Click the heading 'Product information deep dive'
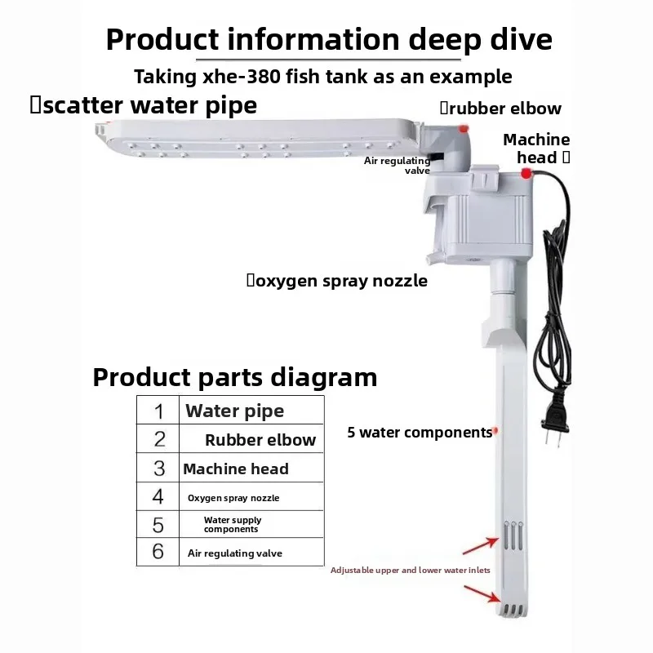point(329,39)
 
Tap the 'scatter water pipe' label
point(144,105)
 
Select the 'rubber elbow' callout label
point(500,109)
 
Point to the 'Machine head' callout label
point(536,149)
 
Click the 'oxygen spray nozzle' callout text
point(337,281)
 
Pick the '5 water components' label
point(420,433)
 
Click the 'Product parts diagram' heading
point(235,377)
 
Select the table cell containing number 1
point(158,411)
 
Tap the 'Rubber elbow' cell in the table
point(251,439)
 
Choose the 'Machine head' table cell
point(251,468)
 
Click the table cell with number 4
point(158,497)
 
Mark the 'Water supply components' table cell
point(251,524)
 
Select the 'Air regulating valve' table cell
point(251,553)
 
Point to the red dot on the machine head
point(526,173)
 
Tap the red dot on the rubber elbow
point(464,129)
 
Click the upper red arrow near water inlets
point(481,546)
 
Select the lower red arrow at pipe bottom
point(482,594)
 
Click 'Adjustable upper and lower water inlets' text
point(411,570)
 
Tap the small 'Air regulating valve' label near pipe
point(398,166)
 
